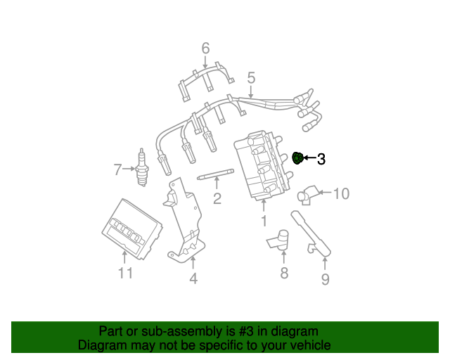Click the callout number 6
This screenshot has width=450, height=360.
pyautogui.click(x=206, y=49)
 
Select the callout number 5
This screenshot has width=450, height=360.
pyautogui.click(x=250, y=77)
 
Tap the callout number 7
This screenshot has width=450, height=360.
pyautogui.click(x=118, y=169)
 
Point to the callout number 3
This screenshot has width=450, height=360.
pyautogui.click(x=321, y=159)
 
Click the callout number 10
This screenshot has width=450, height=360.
pyautogui.click(x=340, y=193)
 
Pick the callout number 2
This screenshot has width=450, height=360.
pyautogui.click(x=217, y=199)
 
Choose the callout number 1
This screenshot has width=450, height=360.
pyautogui.click(x=264, y=221)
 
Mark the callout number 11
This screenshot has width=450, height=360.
pyautogui.click(x=125, y=274)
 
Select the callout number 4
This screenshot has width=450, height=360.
pyautogui.click(x=193, y=279)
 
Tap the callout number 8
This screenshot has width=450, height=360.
pyautogui.click(x=284, y=273)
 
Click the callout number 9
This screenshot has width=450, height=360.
pyautogui.click(x=325, y=280)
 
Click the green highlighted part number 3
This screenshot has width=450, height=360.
pyautogui.click(x=297, y=158)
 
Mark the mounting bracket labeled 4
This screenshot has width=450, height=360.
pyautogui.click(x=184, y=218)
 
